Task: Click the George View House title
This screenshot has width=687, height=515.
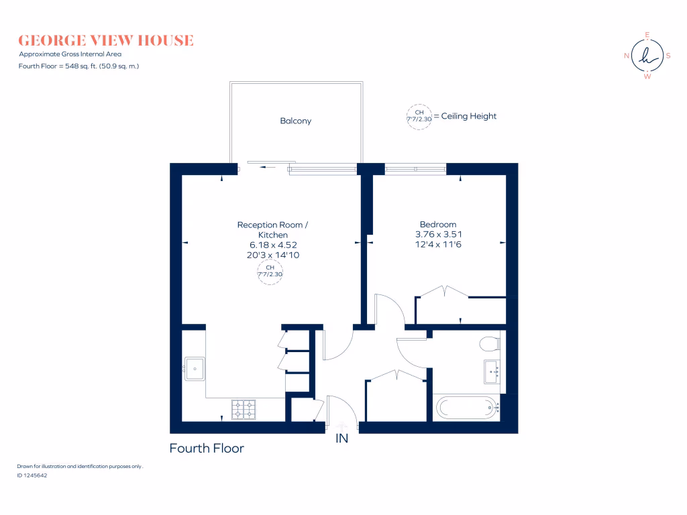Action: pos(106,40)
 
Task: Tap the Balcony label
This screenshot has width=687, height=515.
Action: pos(296,121)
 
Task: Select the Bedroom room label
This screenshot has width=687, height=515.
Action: pos(438,225)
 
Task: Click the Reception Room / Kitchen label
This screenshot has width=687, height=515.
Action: pos(273,230)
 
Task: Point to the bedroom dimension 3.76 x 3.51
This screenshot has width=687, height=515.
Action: pos(438,235)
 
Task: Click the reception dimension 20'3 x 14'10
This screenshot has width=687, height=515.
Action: pos(273,255)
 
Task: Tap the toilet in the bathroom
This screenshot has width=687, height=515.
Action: pos(490,344)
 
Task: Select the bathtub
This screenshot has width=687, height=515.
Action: pos(466,407)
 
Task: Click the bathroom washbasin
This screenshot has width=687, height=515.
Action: pos(492,371)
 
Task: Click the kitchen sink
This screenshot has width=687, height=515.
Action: pos(194,367)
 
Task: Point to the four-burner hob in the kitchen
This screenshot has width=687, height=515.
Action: pos(244,409)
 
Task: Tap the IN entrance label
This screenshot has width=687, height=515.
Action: pos(342,439)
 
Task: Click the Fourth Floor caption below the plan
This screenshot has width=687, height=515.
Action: pos(207,448)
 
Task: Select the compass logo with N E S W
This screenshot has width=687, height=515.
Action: pos(647,56)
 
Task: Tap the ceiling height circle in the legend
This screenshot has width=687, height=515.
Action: pos(419,116)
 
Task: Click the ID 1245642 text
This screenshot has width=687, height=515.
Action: pos(32,475)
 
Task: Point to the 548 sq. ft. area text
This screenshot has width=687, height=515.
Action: pos(78,66)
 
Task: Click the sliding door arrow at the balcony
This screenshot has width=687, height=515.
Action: pos(268,167)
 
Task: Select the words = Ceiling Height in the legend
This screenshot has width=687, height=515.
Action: pos(465,116)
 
